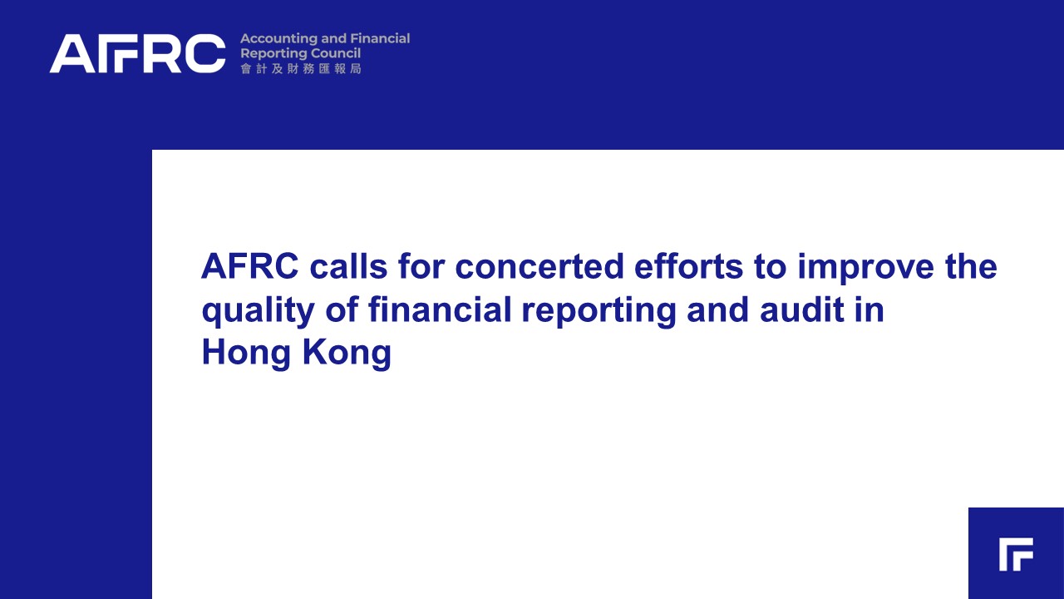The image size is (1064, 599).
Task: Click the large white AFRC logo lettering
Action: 137,53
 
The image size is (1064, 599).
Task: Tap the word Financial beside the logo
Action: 380,38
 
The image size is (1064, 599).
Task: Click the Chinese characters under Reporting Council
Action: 301,69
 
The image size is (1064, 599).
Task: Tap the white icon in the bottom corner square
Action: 1016,554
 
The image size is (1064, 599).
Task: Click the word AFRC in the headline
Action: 250,266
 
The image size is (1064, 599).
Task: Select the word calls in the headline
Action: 348,266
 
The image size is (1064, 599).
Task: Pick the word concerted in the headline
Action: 539,266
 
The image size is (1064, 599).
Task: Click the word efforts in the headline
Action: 689,266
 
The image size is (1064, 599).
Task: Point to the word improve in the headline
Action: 866,269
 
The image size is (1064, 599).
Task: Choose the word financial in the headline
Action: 440,309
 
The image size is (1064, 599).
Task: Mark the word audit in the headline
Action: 802,309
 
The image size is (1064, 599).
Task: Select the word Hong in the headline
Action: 246,354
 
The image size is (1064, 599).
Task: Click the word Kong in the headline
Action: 347,354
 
